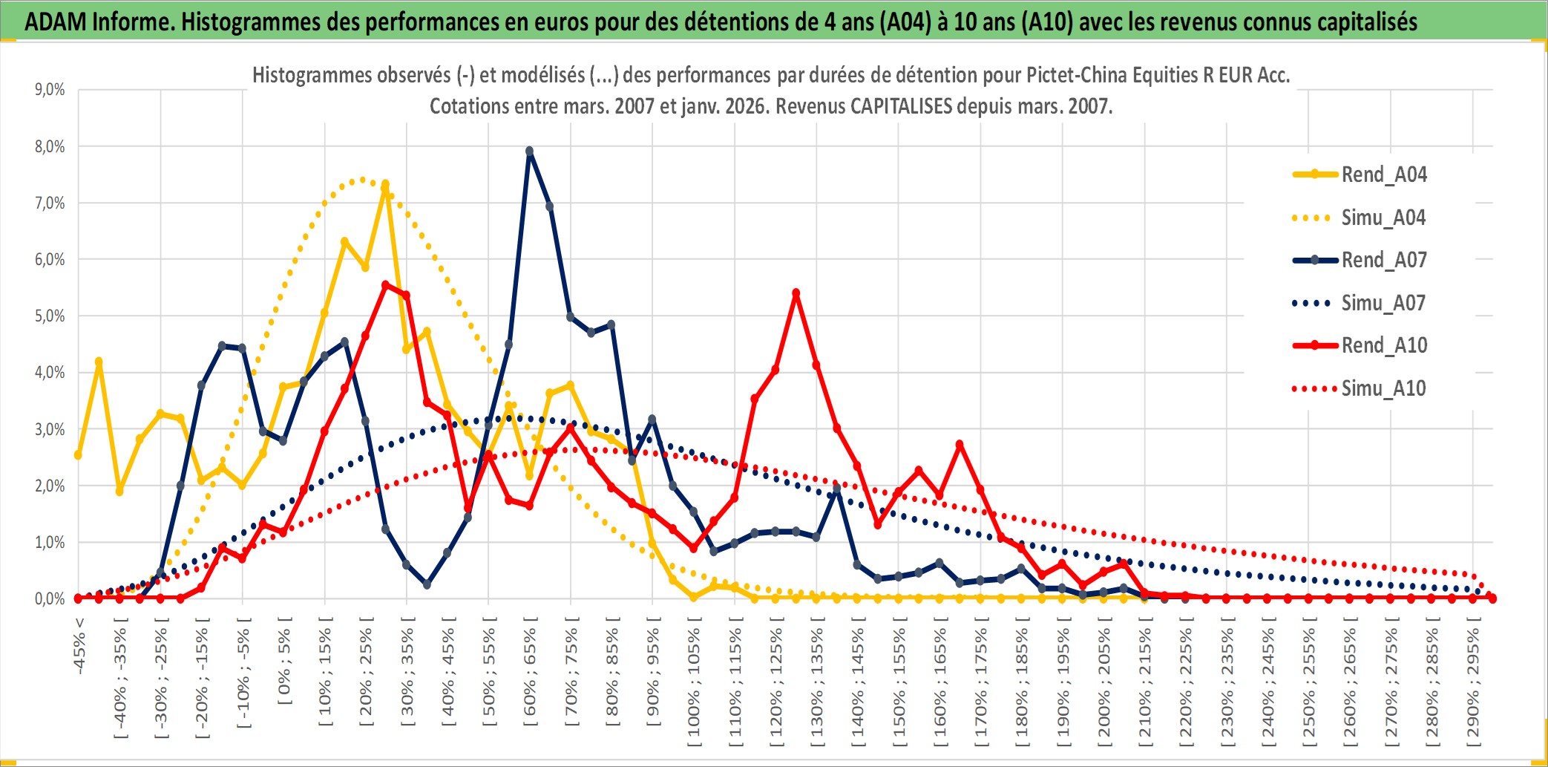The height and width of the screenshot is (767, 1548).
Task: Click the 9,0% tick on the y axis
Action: (x=50, y=90)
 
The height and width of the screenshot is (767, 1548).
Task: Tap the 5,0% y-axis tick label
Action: (x=50, y=316)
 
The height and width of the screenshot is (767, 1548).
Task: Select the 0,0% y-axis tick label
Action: (x=50, y=598)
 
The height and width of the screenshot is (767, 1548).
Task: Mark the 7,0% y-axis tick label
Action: (x=50, y=203)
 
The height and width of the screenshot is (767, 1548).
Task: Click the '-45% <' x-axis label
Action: (x=79, y=646)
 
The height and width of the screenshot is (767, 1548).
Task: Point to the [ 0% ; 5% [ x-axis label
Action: (x=285, y=661)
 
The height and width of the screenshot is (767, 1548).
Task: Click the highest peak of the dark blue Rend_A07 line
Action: (x=529, y=151)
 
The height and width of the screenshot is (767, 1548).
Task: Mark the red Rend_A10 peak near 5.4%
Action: (x=796, y=293)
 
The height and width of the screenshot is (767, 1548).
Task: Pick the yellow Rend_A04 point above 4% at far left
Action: (x=99, y=362)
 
